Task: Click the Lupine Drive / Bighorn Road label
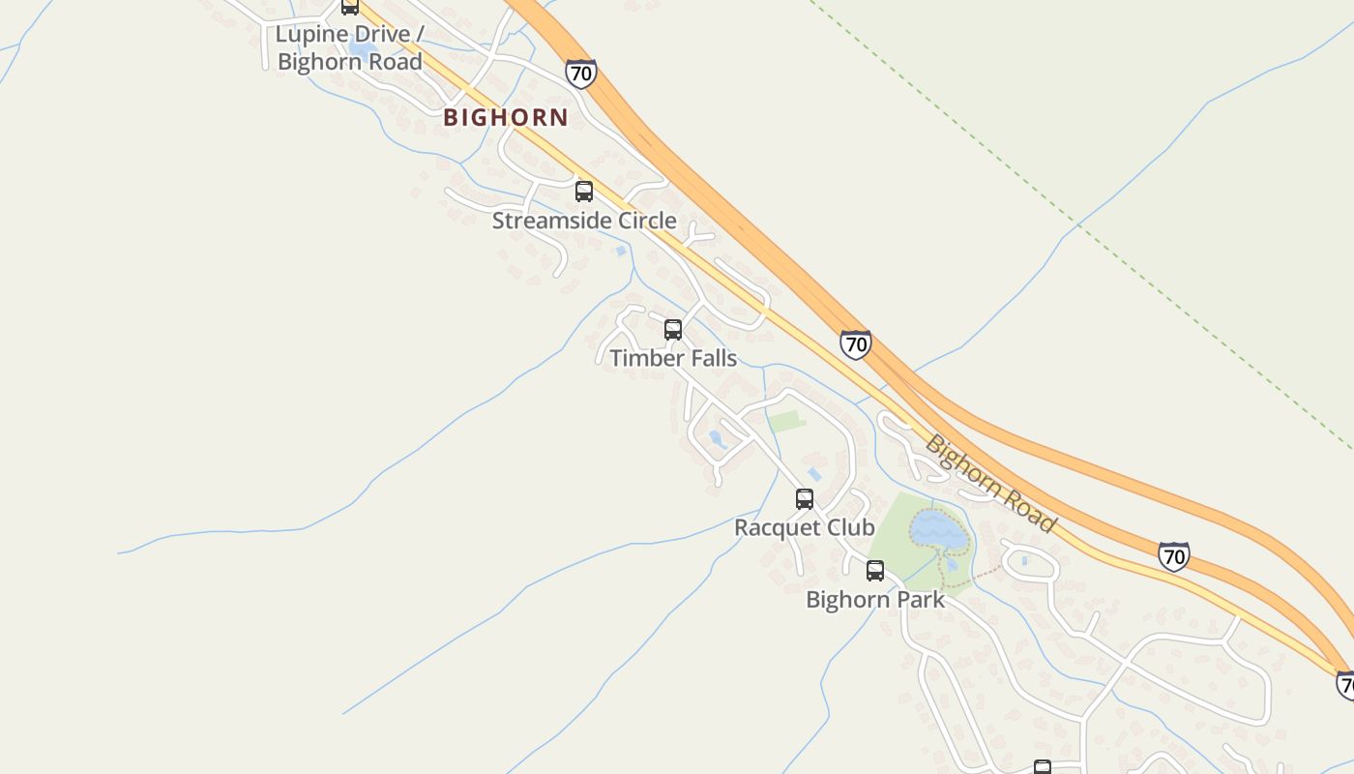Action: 349,48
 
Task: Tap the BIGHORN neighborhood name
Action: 506,118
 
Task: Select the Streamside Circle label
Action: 584,221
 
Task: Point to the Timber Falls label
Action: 673,358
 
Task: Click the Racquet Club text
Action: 805,527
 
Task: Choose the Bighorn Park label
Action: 875,600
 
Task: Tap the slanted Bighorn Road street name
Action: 990,483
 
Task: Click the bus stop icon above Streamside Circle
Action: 584,191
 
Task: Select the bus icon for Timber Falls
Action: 673,329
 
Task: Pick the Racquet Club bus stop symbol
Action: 805,499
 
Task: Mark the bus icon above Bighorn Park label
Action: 875,571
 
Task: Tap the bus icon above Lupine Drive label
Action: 350,7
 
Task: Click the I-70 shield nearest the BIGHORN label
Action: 580,74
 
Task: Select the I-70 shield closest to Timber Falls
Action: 855,343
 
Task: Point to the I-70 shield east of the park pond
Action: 1173,556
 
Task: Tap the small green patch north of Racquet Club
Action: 786,422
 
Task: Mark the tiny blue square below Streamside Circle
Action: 621,251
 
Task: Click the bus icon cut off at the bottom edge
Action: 1043,767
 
